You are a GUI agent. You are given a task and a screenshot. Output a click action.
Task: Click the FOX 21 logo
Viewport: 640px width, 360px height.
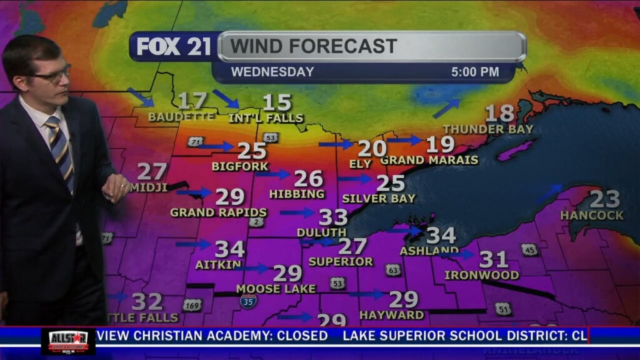coord(174,46)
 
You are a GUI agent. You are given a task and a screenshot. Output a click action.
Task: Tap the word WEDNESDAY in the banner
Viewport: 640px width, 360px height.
coord(272,72)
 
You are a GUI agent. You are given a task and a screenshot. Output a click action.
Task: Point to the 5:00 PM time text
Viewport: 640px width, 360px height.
coord(475,72)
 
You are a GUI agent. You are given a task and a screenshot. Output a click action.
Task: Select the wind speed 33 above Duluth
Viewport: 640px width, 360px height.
coord(333,217)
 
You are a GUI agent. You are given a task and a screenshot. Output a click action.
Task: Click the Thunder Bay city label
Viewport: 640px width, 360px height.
coord(488,129)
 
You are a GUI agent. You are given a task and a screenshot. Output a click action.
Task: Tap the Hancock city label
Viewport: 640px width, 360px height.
coord(591,215)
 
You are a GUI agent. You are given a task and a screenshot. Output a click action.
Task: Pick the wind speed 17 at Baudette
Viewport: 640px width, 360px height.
coord(192,101)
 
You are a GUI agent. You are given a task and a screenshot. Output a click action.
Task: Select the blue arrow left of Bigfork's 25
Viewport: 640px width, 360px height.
coord(216,146)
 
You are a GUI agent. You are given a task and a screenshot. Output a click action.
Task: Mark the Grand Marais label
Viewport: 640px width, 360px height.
coord(429,160)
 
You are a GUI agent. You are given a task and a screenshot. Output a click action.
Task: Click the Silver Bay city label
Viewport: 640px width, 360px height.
coord(379,199)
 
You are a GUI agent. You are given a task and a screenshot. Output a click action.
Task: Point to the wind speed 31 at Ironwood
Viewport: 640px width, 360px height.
coord(493,259)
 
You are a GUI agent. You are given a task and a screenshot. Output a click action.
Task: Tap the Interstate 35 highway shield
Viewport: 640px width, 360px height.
coord(248,301)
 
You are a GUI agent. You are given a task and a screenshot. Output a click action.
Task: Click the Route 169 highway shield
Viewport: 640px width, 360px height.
coord(192,305)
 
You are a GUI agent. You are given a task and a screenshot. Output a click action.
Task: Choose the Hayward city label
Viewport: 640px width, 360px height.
coord(392,315)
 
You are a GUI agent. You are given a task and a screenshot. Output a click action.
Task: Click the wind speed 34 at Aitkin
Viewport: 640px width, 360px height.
coord(229,249)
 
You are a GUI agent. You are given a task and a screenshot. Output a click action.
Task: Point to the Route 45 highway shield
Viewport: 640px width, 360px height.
coord(529,249)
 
